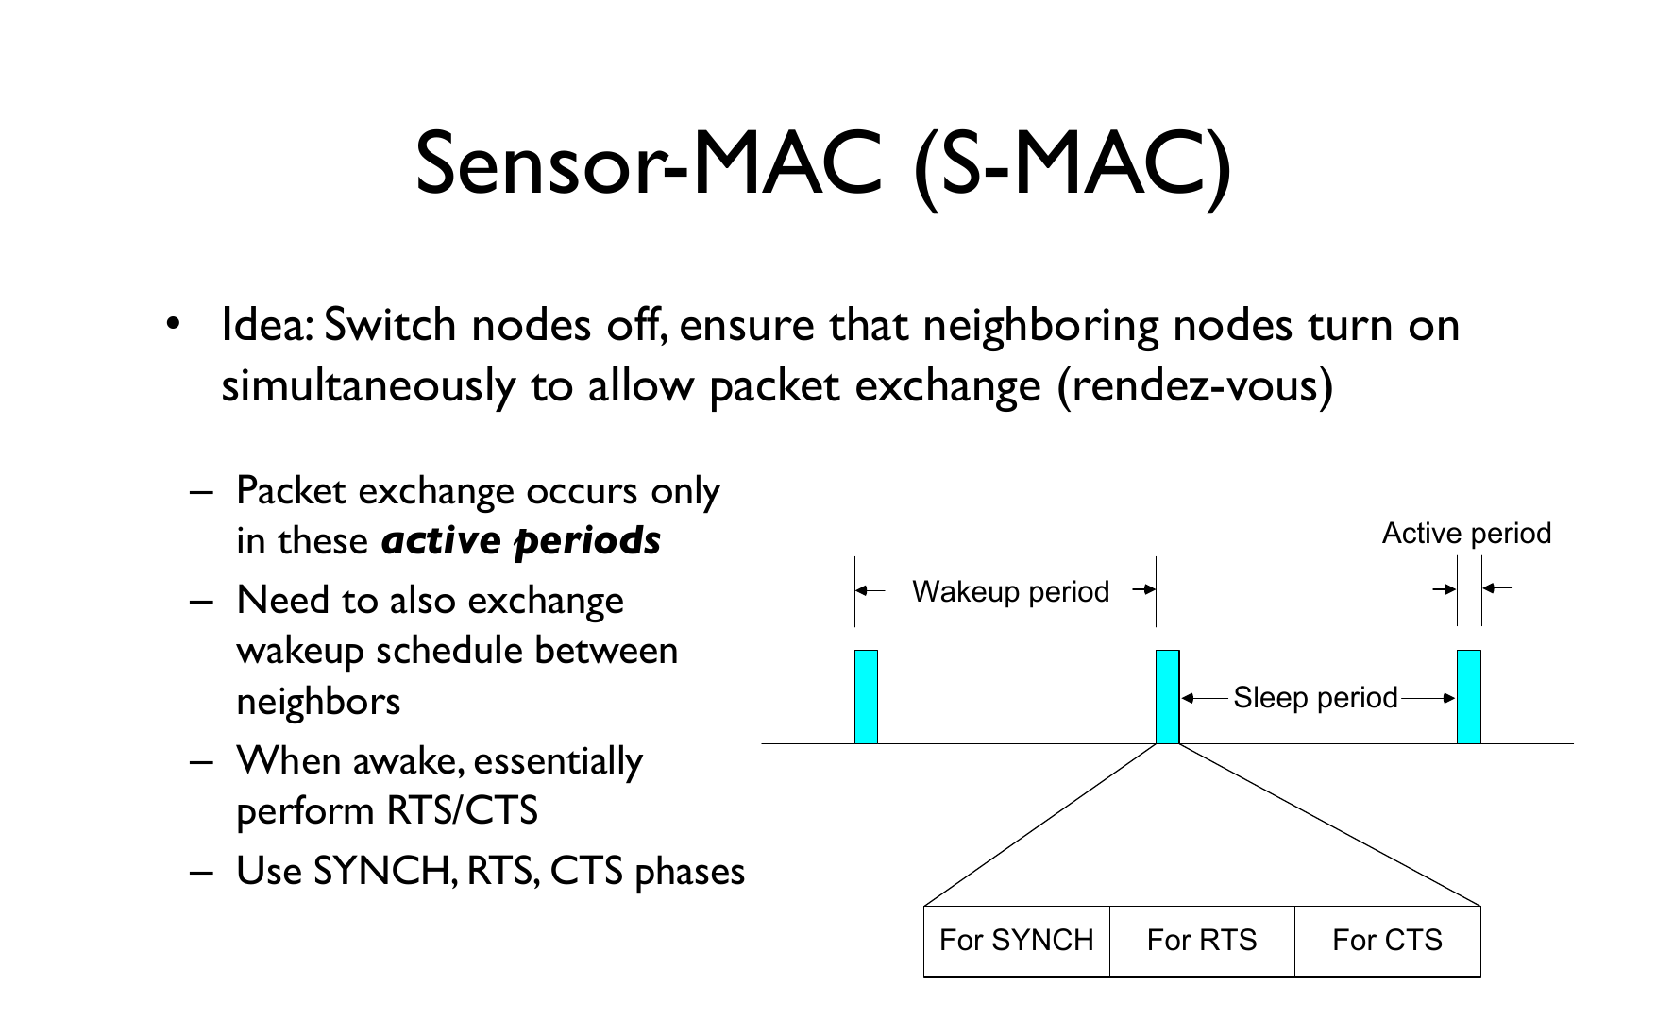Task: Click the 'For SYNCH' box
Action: tap(1016, 941)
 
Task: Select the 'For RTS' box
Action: tap(1201, 941)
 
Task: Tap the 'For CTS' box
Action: tap(1387, 941)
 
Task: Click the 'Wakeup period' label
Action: tap(1010, 592)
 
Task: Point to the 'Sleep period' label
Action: tap(1315, 698)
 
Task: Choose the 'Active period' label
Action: tap(1466, 534)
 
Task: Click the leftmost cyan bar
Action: tap(866, 697)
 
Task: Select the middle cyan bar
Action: tap(1168, 697)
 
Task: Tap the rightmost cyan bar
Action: tap(1468, 697)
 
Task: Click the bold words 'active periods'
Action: tap(521, 541)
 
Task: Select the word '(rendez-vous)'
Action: tap(1195, 385)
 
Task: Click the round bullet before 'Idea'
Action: tap(172, 325)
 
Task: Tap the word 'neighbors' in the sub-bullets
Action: tap(318, 702)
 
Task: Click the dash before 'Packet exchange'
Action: tap(201, 492)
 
